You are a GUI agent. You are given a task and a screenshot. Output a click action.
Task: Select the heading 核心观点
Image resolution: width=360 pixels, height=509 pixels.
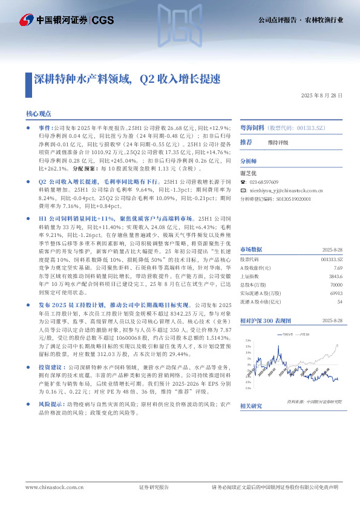pos(38,113)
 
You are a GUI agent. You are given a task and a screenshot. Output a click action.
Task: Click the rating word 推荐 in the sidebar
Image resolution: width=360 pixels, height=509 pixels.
pos(246,142)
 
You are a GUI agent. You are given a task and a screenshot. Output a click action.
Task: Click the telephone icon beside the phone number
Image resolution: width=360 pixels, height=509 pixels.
pos(243,182)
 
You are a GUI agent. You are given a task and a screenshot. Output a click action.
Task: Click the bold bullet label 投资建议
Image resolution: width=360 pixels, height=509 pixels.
pos(52,367)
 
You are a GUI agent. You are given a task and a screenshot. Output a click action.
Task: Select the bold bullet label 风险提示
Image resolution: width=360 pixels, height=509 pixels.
pos(52,403)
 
